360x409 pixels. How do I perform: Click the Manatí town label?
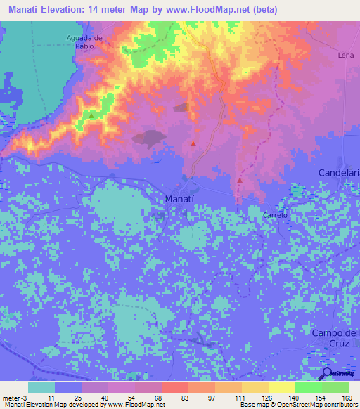[x=185, y=199]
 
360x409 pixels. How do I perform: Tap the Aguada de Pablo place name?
[x=85, y=41]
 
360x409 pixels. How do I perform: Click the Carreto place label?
[x=275, y=215]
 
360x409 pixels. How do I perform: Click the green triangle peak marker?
[x=91, y=115]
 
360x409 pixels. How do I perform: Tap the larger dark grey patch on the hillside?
[x=150, y=138]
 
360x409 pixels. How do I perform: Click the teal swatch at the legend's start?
[x=41, y=387]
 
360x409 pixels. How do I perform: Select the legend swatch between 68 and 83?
[x=174, y=387]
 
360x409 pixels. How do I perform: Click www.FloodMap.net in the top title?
[x=211, y=10]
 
